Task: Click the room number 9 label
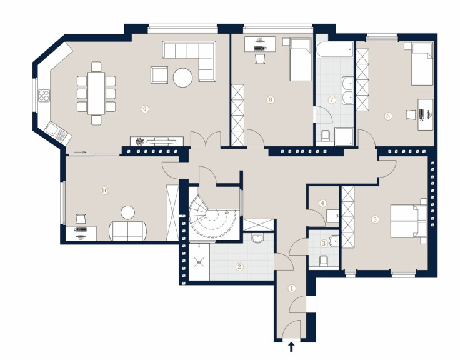click(144, 109)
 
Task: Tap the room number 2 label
click(239, 267)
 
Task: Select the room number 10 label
click(104, 191)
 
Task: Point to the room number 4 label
click(322, 203)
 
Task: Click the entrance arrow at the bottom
click(291, 347)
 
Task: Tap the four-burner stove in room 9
click(44, 96)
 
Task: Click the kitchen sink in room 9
click(57, 133)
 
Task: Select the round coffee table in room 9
click(182, 77)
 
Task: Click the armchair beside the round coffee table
click(159, 75)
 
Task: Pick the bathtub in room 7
click(335, 49)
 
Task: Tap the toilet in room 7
click(325, 135)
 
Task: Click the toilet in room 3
click(323, 261)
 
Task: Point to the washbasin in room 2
click(258, 238)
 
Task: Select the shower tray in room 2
click(199, 262)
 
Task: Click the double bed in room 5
click(409, 221)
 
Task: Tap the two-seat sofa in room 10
click(127, 231)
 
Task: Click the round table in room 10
click(128, 212)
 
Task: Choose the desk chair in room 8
click(260, 58)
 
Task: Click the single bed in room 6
click(422, 64)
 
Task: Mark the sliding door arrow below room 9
click(80, 152)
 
